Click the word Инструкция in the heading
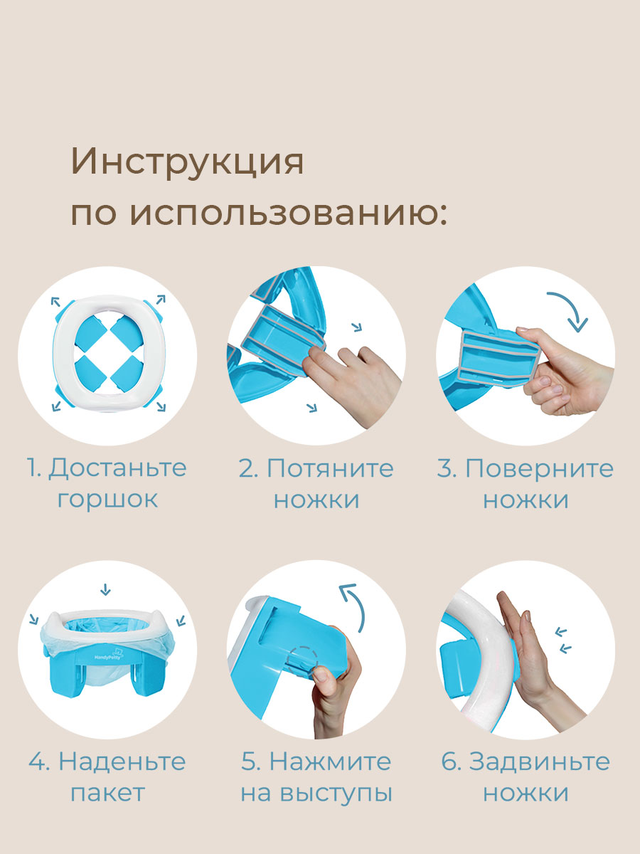pos(187,163)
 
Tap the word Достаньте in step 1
pos(118,468)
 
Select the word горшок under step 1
pos(107,498)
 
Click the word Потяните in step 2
pos(331,468)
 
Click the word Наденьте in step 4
pos(122,761)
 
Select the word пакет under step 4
pos(107,792)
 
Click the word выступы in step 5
pos(342,792)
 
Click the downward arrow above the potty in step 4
pos(106,589)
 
